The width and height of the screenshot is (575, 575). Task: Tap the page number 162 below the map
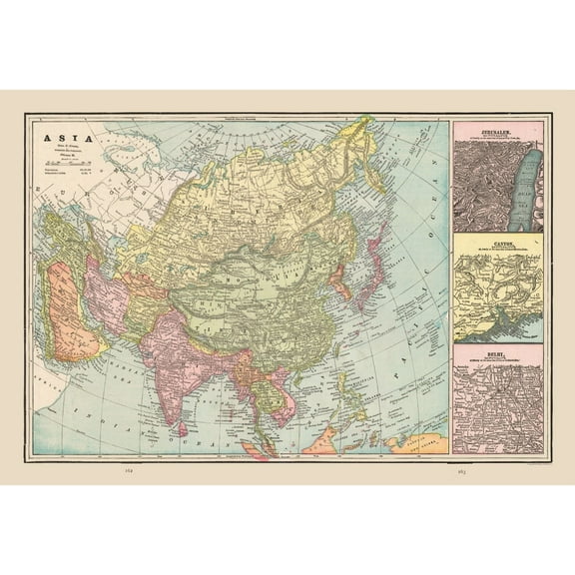click(x=126, y=468)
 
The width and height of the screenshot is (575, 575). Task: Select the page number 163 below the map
click(x=462, y=468)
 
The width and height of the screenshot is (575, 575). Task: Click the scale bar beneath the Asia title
click(x=62, y=163)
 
